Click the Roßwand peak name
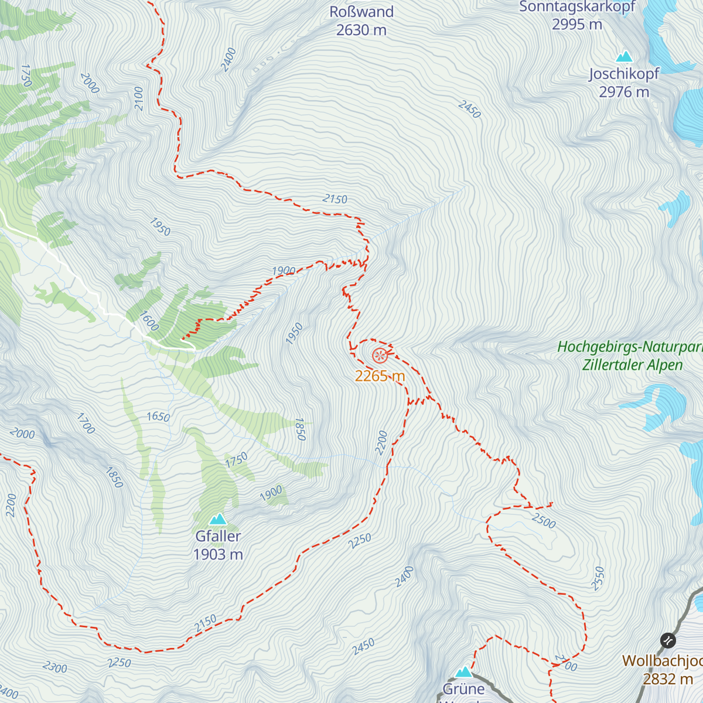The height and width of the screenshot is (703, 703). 361,12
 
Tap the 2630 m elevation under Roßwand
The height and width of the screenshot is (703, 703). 361,30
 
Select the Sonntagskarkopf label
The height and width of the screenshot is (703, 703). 577,6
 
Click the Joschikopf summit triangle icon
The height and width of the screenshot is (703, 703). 624,57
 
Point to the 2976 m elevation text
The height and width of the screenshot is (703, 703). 624,92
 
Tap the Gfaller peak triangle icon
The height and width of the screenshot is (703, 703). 218,519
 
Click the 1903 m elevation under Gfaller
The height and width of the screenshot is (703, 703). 218,554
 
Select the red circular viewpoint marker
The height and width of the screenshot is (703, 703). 380,355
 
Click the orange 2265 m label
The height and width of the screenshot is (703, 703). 380,376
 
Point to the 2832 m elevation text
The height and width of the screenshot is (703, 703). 668,679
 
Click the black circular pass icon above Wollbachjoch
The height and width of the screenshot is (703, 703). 668,640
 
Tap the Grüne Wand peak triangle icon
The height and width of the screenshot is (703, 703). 464,671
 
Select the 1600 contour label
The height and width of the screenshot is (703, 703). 149,320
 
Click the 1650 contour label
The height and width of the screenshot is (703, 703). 158,417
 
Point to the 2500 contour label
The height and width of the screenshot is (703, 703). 544,520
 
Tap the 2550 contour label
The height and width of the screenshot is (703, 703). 598,578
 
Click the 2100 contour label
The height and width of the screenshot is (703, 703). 138,98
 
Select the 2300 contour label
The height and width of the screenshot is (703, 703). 55,667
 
